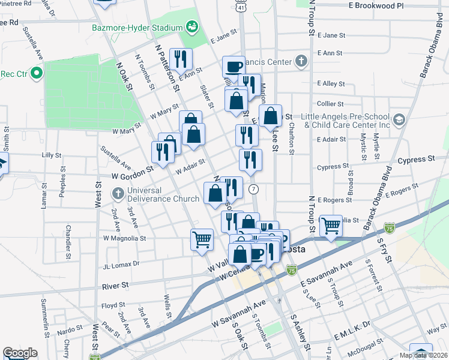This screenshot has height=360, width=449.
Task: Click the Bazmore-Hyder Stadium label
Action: point(137,28)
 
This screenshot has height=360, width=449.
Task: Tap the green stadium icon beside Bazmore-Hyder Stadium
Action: point(192,26)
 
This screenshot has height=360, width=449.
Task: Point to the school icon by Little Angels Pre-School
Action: point(398,119)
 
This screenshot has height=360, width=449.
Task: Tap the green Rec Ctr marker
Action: point(35,74)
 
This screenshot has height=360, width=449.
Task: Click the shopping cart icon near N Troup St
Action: point(331,226)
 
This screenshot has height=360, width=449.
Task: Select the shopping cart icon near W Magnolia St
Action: point(202,239)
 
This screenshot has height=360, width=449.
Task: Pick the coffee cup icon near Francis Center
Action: point(234,65)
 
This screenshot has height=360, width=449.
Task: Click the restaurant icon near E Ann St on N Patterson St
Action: point(181,58)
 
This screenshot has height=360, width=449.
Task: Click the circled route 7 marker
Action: point(255,189)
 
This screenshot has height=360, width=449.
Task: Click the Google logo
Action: point(20,353)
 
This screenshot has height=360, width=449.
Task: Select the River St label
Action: point(116,287)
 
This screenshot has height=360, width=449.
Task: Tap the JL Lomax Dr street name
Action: point(121,263)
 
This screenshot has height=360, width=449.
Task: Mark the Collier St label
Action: point(331,104)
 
